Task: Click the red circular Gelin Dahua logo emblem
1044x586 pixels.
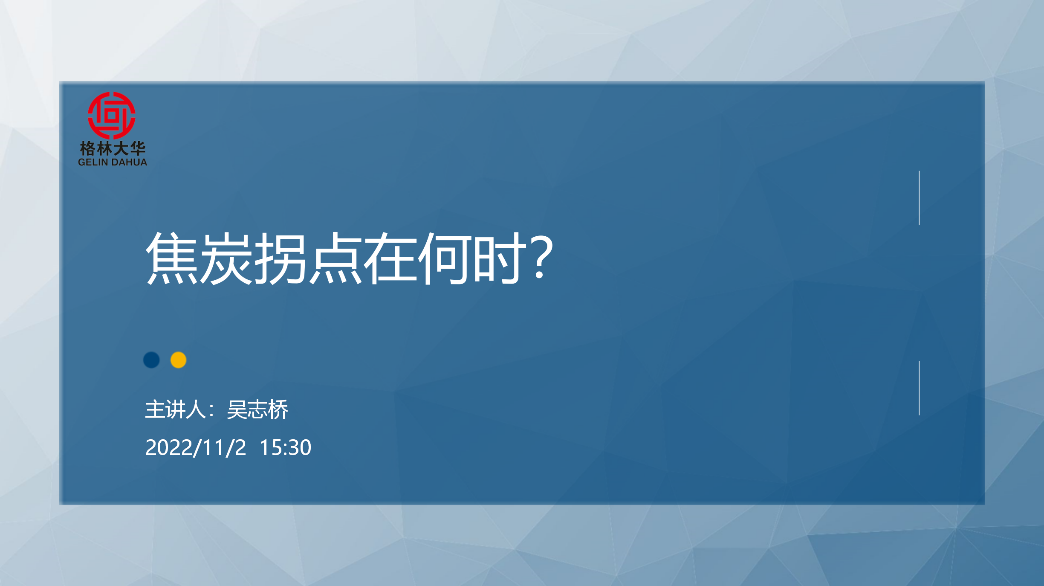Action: (112, 116)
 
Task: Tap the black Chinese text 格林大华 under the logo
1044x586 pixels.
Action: (113, 148)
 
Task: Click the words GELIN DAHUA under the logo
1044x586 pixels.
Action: (113, 162)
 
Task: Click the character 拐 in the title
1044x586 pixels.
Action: (281, 258)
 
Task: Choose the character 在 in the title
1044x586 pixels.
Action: (390, 258)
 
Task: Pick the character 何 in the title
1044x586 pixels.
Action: (444, 258)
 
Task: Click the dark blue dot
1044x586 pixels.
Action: (151, 360)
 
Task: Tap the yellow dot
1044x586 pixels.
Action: (178, 360)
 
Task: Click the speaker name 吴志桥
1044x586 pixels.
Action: (257, 410)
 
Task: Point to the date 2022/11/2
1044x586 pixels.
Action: (196, 448)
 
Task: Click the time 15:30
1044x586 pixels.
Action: (286, 448)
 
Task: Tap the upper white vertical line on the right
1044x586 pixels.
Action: (919, 198)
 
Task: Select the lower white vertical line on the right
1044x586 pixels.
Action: (919, 388)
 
